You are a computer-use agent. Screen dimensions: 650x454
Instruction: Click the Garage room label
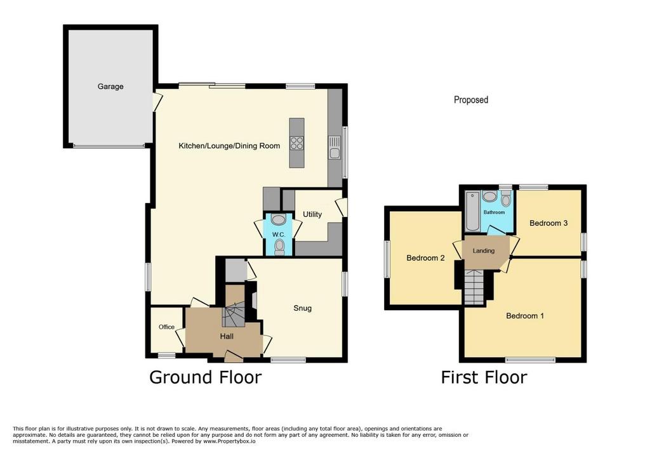[x=110, y=87]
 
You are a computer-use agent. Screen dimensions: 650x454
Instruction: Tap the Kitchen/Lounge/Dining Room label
[x=229, y=146]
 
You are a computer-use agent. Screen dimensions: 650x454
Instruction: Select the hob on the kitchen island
[x=297, y=143]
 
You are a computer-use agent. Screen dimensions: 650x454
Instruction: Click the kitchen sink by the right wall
[x=335, y=148]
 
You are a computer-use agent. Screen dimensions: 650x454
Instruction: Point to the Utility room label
[x=312, y=214]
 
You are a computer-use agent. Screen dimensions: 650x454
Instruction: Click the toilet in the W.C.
[x=280, y=247]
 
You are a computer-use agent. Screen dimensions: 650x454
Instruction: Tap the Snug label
[x=302, y=308]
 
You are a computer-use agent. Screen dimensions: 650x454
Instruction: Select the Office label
[x=167, y=327]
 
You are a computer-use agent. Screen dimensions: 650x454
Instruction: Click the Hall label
[x=227, y=336]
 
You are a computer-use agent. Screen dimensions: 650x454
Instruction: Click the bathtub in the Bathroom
[x=472, y=211]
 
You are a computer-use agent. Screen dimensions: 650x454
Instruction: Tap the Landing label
[x=483, y=250]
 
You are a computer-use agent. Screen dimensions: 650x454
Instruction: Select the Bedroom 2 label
[x=425, y=258]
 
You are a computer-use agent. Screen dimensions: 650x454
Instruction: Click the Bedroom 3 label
[x=548, y=223]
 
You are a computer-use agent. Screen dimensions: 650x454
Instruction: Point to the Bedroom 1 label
[x=525, y=316]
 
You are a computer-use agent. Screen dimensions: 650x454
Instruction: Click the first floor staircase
[x=474, y=287]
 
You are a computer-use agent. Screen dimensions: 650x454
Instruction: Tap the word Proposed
[x=471, y=100]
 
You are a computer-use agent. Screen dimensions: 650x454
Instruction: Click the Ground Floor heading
[x=205, y=377]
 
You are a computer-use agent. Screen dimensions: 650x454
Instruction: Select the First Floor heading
[x=484, y=377]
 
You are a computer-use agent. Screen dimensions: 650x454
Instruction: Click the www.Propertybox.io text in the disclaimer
[x=229, y=441]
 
